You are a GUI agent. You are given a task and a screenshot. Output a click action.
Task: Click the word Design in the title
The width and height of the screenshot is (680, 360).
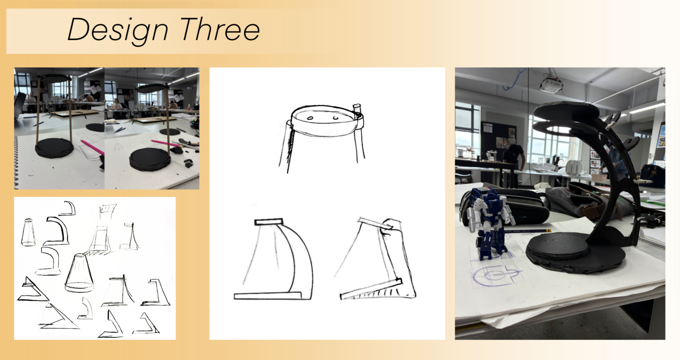(118, 30)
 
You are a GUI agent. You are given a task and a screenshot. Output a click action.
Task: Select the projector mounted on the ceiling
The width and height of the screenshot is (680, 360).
(551, 85)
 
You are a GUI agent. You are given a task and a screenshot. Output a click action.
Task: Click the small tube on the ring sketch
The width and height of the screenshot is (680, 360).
(357, 109)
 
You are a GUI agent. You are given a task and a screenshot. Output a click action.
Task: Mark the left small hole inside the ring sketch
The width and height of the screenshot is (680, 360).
(310, 118)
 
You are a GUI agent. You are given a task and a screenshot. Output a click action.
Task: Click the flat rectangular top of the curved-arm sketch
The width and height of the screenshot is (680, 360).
(269, 222)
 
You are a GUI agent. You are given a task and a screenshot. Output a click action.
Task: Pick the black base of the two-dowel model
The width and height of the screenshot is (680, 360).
(54, 148)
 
